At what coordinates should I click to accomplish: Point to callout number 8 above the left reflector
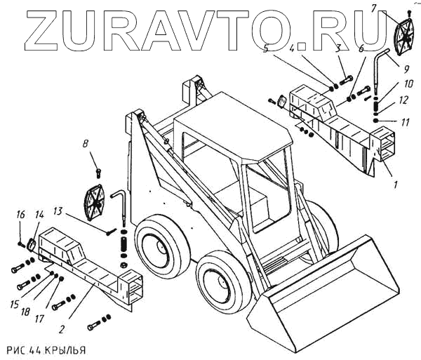pos(85,145)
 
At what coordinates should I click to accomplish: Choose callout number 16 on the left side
pos(21,214)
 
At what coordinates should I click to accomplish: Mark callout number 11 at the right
pos(406,121)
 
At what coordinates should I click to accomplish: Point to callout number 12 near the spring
pos(403,100)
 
